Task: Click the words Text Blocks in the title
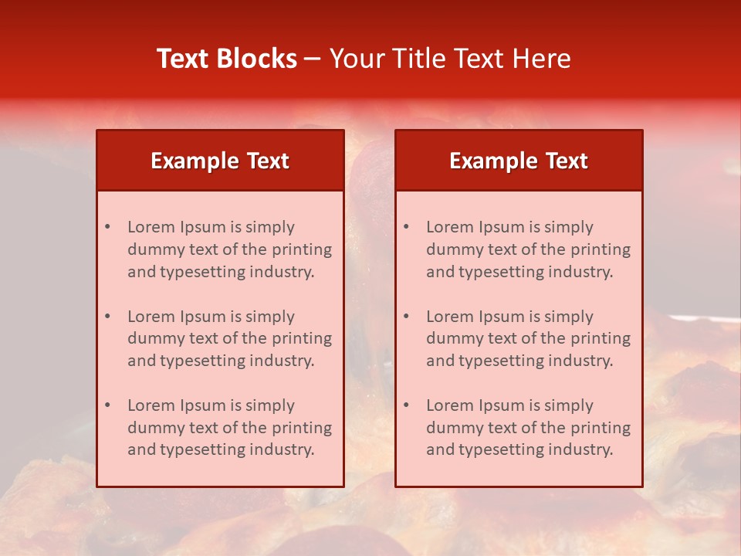click(227, 59)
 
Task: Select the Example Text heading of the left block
click(220, 161)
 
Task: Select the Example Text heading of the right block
click(519, 161)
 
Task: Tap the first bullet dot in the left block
click(108, 227)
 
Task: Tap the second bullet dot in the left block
click(108, 317)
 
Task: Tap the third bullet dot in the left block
click(108, 405)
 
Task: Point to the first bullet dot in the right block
click(407, 227)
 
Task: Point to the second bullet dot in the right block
click(407, 317)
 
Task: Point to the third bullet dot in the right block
click(407, 405)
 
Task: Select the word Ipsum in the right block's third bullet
click(502, 405)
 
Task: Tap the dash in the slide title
click(313, 59)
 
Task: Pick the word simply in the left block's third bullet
click(271, 405)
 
